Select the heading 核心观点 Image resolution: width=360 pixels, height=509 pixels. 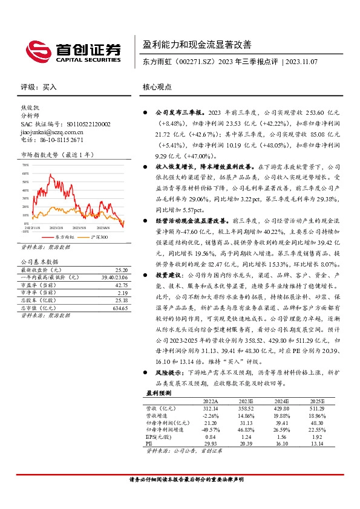(x=157, y=87)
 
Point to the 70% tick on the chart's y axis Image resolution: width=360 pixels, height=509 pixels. (x=25, y=165)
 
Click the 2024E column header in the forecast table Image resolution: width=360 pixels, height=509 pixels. (x=282, y=401)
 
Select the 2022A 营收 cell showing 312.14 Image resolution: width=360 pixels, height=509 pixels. (x=209, y=409)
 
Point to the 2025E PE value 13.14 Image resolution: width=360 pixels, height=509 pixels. (x=317, y=443)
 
